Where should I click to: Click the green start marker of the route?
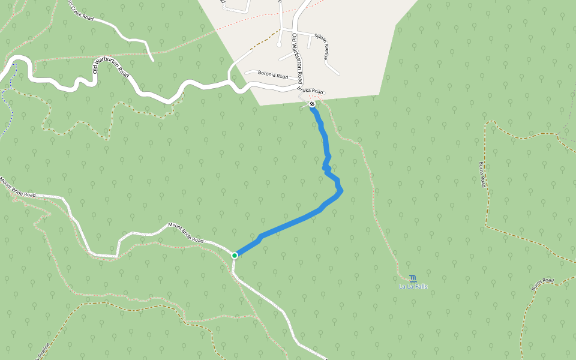pos(235,255)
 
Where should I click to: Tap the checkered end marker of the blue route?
pos(312,104)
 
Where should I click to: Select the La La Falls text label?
pos(413,287)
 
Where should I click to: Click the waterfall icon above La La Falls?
pos(413,278)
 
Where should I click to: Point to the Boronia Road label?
pos(273,75)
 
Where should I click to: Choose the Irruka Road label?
pos(310,89)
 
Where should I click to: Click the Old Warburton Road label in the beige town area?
pos(297,58)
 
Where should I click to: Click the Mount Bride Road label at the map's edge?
pos(18,187)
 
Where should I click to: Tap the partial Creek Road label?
pos(82,10)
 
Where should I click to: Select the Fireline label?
pos(42,352)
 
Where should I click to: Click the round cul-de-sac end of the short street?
pos(279,44)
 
